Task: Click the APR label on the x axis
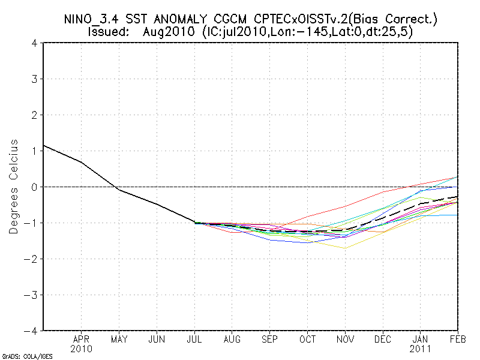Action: click(82, 339)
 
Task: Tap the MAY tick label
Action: click(119, 339)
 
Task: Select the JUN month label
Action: click(157, 339)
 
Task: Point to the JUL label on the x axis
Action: click(194, 339)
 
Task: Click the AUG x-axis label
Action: click(232, 339)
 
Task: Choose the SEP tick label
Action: click(270, 339)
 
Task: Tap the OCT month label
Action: click(308, 339)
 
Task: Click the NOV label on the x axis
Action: click(346, 339)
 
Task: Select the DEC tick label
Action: click(383, 339)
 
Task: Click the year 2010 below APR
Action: click(82, 348)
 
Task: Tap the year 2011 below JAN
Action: click(421, 348)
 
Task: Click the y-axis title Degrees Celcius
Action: click(13, 187)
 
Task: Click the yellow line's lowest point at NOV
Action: click(346, 248)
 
